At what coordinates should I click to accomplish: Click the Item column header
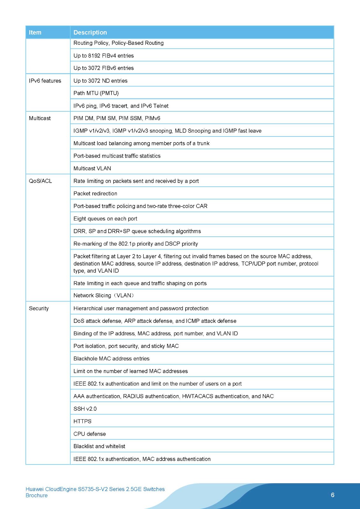tap(35, 32)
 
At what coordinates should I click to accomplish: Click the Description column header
tap(90, 32)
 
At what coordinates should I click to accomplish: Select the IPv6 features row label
tap(45, 81)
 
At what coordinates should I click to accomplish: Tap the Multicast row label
tap(40, 118)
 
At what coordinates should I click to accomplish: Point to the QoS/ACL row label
tap(40, 181)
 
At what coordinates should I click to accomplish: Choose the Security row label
tap(39, 308)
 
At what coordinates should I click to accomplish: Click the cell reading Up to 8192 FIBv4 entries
tap(103, 56)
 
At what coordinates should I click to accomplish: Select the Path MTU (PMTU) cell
tap(96, 93)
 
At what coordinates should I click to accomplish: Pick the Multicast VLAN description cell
tap(92, 168)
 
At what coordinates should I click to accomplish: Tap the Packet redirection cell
tap(95, 193)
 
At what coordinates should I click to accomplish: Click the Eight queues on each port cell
tap(105, 219)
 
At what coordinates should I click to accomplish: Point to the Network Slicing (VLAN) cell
tap(104, 296)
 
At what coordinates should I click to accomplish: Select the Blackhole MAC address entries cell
tap(111, 359)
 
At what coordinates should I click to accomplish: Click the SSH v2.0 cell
tap(85, 409)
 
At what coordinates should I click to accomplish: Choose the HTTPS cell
tap(82, 421)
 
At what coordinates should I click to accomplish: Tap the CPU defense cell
tap(89, 434)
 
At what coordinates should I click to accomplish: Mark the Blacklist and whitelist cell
tap(99, 446)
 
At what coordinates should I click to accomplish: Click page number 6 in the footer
tap(333, 495)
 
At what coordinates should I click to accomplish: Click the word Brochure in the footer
tap(37, 495)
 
